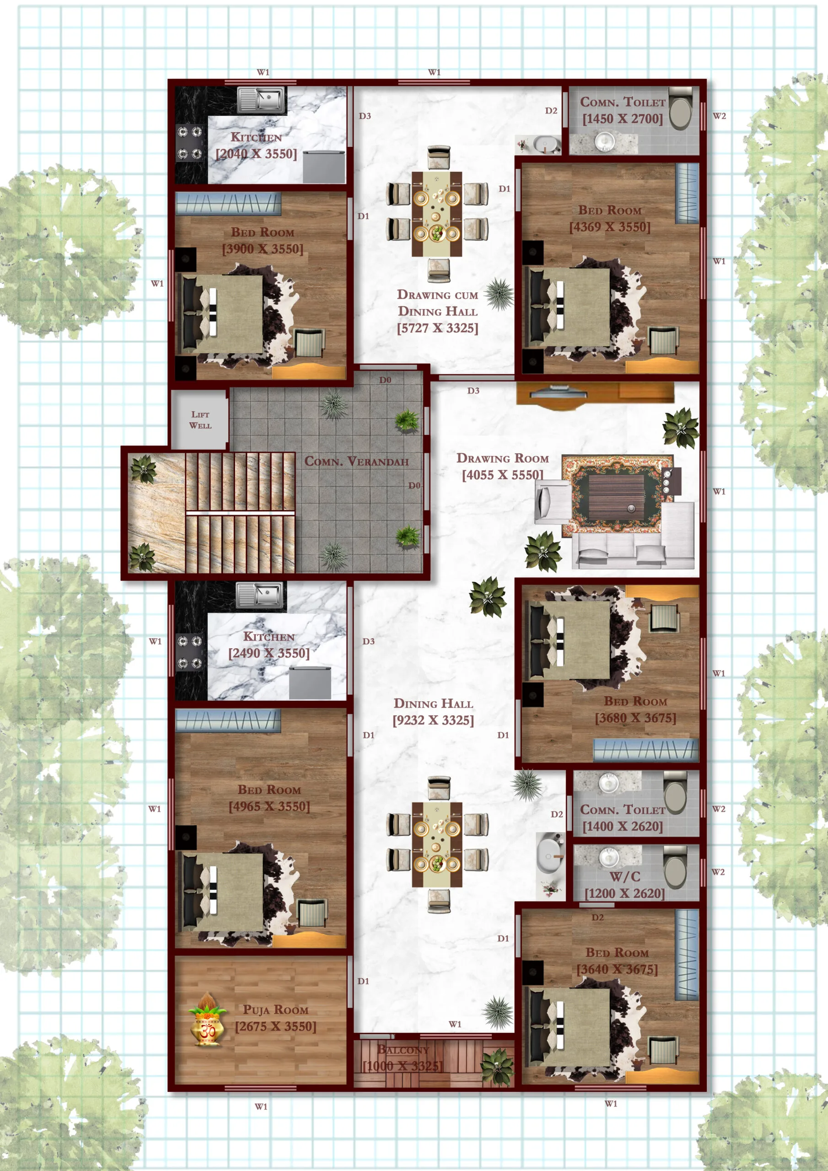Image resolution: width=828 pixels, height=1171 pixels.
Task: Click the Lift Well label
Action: [200, 420]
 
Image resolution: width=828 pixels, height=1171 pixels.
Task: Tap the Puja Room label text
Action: [275, 1010]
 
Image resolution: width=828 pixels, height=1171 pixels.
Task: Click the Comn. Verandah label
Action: [357, 461]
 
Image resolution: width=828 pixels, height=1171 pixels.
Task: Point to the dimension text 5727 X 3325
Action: [438, 328]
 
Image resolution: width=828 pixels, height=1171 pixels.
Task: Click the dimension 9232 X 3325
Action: [433, 720]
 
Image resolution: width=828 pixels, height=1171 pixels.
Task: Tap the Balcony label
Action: [403, 1050]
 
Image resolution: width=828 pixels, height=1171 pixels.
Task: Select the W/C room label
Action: [624, 877]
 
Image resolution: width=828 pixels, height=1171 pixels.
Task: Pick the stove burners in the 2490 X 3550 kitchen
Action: [190, 651]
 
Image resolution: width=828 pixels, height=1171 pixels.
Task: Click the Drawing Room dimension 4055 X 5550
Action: [502, 475]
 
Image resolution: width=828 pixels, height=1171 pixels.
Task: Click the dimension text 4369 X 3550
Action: [610, 227]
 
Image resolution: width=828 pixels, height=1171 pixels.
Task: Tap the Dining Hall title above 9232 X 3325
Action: [433, 704]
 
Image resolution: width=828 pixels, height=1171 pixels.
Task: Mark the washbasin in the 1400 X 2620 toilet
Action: [608, 782]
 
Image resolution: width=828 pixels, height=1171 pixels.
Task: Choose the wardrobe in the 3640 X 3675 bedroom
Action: [687, 954]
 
